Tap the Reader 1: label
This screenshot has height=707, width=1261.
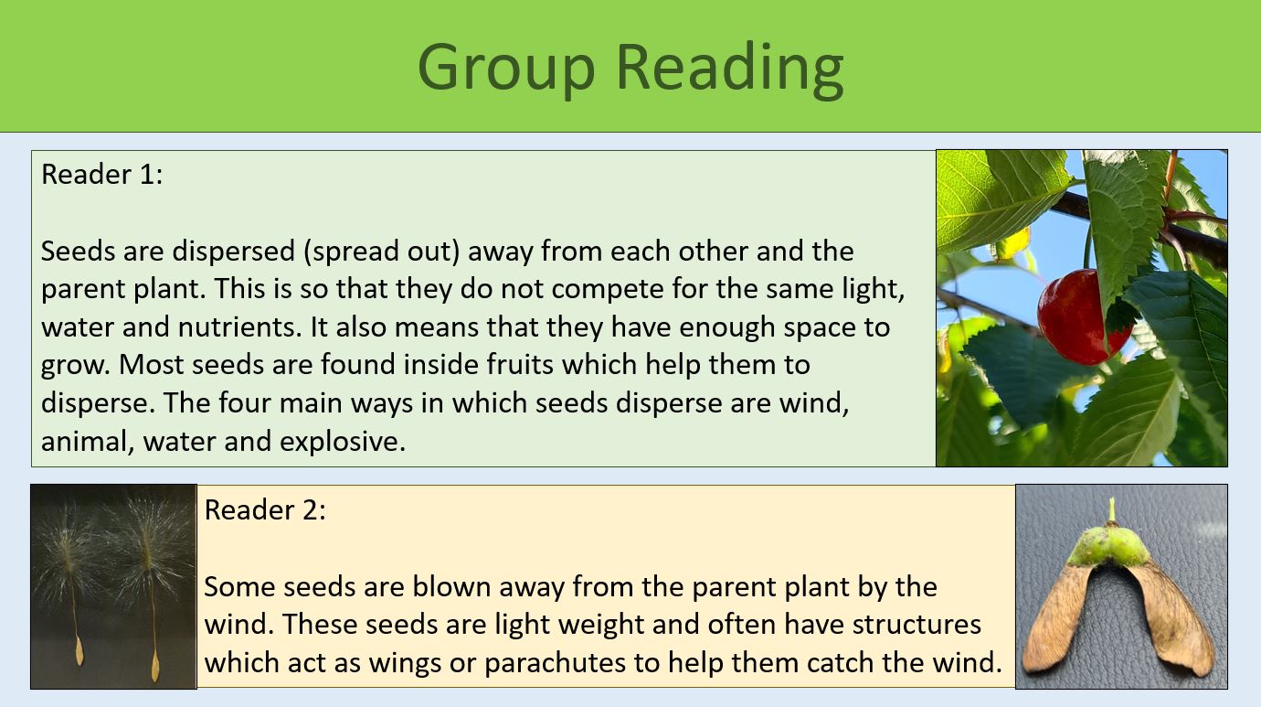point(101,174)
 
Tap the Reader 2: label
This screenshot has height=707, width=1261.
point(265,509)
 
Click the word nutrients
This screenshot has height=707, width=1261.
point(232,327)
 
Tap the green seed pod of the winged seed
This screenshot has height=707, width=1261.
point(1112,547)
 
